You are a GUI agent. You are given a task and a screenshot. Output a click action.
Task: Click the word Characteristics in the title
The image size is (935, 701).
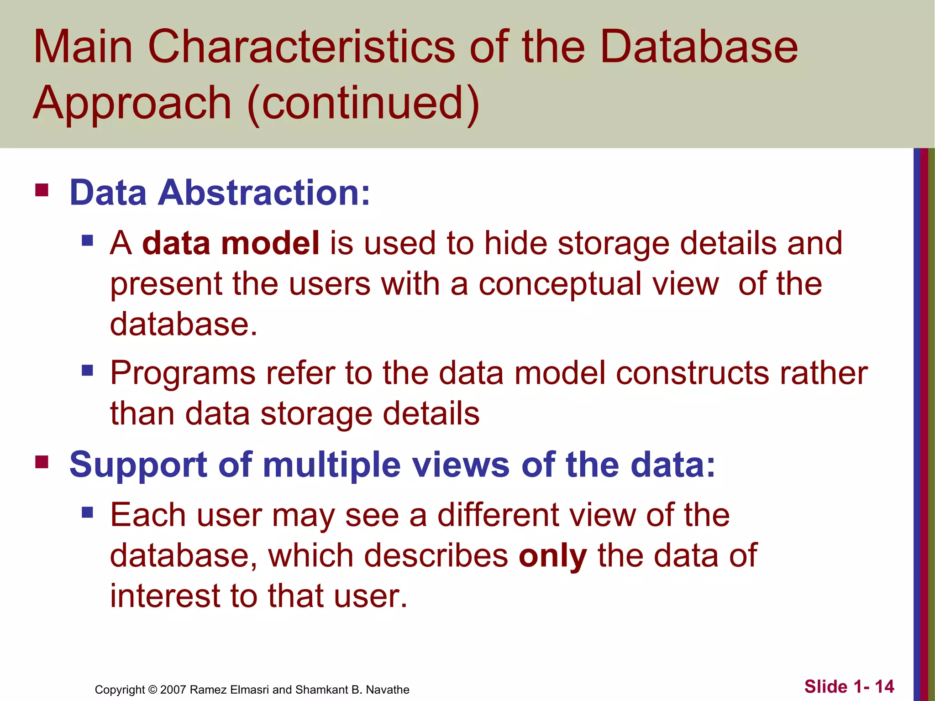[x=301, y=47]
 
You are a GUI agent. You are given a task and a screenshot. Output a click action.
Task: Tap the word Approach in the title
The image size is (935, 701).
[x=132, y=104]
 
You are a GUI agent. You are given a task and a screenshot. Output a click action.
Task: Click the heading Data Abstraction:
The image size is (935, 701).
[x=220, y=193]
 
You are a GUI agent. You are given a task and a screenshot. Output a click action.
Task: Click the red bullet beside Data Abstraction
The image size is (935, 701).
[x=42, y=189]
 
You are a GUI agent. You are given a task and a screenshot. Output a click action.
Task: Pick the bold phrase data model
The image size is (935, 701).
[x=231, y=243]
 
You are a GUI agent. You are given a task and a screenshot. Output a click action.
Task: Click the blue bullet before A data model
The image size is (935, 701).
[x=87, y=240]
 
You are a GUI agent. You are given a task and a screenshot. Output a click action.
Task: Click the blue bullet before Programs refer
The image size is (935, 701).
[x=87, y=370]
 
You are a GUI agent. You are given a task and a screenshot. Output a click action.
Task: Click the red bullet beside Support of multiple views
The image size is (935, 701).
[x=42, y=462]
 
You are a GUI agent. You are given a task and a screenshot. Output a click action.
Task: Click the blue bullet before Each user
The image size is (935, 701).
[x=87, y=513]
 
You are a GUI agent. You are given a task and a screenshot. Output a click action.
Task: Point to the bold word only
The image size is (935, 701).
[x=553, y=556]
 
